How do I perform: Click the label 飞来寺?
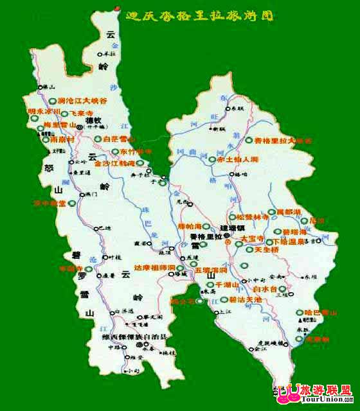point(81,113)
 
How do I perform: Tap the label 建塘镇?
point(233,227)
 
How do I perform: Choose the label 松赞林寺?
point(251,217)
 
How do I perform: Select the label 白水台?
point(264,290)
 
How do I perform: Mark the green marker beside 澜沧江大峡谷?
point(51,101)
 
